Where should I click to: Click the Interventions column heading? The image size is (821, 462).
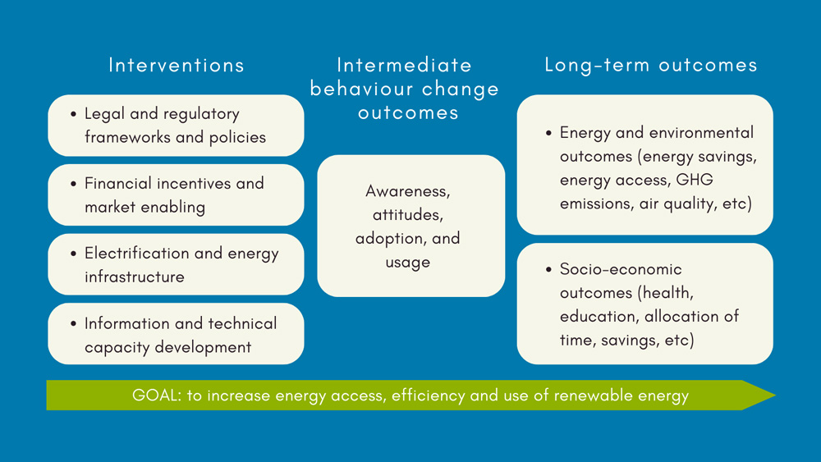click(177, 66)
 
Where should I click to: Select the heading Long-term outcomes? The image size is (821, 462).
click(651, 65)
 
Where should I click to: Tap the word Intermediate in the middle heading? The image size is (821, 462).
click(404, 66)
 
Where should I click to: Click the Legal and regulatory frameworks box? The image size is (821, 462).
click(176, 126)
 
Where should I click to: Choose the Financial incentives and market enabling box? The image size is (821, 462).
click(176, 195)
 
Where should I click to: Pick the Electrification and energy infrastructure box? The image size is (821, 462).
click(176, 265)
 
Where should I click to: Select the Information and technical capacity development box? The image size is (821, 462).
click(176, 334)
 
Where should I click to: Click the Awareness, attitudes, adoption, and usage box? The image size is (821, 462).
click(411, 226)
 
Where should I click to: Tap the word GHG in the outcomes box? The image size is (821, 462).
click(695, 180)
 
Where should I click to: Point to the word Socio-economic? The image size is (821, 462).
click(621, 269)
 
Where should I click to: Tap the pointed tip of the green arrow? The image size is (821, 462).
click(775, 395)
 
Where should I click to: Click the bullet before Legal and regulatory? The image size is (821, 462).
click(73, 114)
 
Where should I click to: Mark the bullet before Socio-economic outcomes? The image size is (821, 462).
click(548, 269)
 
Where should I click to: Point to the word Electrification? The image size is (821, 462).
click(136, 254)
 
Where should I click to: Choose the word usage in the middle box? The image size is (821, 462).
click(408, 263)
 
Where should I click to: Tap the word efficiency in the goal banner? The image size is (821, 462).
click(428, 395)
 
